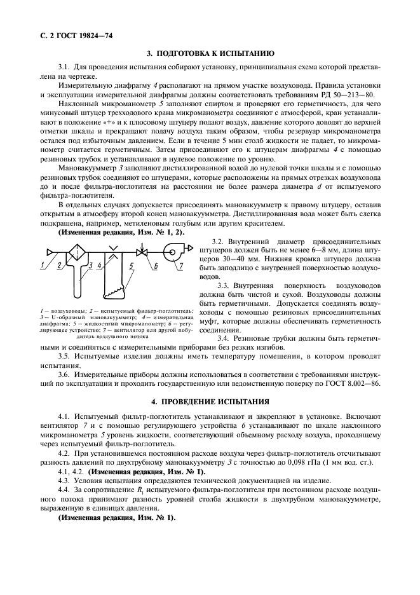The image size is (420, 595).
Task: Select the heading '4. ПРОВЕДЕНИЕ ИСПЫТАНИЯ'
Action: tap(210, 402)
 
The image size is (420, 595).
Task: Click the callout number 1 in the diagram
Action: tap(44, 263)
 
